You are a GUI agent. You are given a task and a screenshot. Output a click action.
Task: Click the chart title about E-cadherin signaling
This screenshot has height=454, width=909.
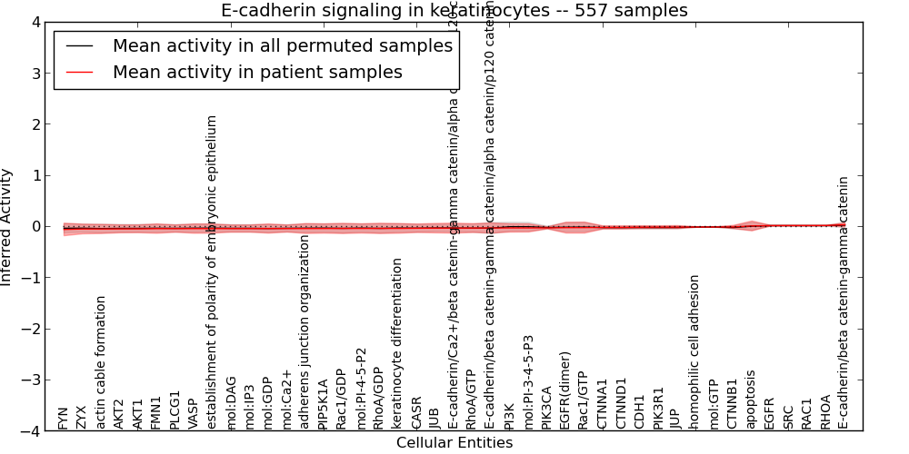454,11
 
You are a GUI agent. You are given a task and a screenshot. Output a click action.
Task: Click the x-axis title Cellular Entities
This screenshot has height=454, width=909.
454,443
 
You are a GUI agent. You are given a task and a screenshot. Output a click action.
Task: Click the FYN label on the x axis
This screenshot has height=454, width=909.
63,419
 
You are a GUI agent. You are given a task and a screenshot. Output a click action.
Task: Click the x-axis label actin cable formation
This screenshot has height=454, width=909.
101,362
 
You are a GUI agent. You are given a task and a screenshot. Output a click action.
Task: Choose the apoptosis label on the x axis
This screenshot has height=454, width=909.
751,400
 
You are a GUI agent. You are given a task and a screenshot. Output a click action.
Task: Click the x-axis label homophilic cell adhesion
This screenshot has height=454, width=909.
694,352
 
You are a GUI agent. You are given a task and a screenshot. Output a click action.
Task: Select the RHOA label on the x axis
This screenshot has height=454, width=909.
824,412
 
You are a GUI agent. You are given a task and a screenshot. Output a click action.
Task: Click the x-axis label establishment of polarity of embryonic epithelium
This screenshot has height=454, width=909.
212,272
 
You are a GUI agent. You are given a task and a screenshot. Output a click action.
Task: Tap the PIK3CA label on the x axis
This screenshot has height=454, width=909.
546,408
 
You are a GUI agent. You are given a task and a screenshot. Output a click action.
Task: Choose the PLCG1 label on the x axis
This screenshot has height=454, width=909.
175,410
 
